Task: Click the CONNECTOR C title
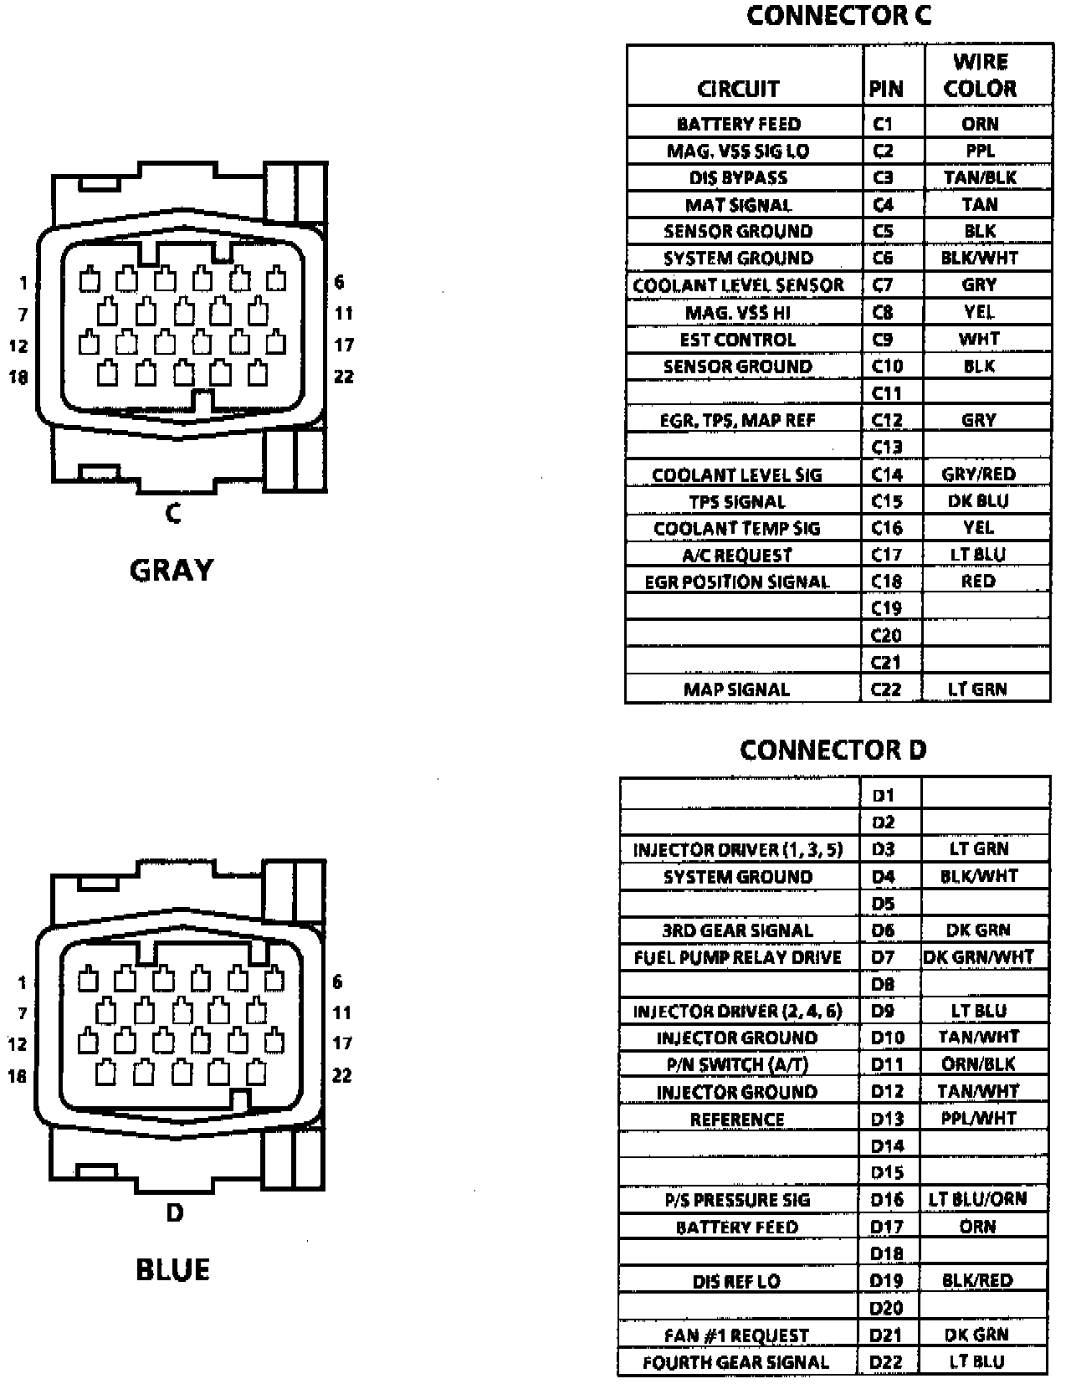[838, 16]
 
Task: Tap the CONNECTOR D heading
[833, 750]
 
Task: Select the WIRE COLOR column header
[980, 75]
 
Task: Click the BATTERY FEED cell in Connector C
[739, 124]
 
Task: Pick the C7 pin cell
[883, 285]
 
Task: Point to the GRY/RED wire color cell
[978, 474]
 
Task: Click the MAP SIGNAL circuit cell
[736, 689]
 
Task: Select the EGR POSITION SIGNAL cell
[737, 582]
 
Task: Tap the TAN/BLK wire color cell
[980, 177]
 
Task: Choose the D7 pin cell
[883, 956]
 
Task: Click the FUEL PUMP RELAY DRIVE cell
[737, 957]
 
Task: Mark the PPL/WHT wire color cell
[978, 1118]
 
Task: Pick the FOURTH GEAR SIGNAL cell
[736, 1362]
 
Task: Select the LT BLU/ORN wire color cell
[977, 1199]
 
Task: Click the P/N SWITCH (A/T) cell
[737, 1064]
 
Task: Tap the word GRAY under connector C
[172, 571]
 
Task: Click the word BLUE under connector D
[172, 1270]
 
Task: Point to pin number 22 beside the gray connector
[344, 377]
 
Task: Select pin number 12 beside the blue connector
[18, 1044]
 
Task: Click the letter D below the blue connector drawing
[174, 1212]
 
